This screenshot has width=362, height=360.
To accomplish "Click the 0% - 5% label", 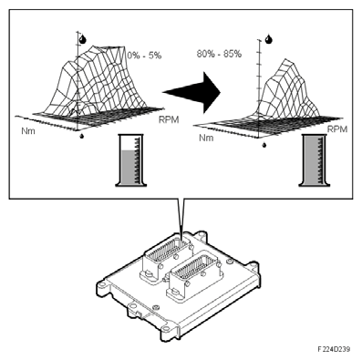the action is point(144,56).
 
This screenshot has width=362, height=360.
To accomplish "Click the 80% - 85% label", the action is point(219,54).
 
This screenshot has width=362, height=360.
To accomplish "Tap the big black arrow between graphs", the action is point(191,92).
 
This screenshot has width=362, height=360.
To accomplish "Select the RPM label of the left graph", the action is point(169,119).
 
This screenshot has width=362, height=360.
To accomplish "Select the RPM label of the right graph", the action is point(337,129).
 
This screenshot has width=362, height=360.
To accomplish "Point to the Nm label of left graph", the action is point(28,131).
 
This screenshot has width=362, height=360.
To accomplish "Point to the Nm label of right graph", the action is point(206,138).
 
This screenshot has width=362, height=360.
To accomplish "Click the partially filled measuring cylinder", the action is point(131,159).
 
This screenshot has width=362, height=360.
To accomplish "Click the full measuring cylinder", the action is point(314,159).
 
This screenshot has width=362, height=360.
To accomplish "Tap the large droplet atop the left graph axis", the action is point(82,39).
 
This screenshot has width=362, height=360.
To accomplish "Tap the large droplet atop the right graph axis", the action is point(268,39).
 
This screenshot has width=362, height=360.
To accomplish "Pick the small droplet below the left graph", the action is point(82,136).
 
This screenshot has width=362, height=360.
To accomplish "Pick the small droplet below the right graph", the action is point(264,145).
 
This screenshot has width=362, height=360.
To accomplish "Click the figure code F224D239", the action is point(334,349).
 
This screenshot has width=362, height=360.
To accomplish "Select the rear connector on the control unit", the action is point(166,258).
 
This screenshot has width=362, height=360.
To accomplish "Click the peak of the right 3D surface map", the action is point(286,59).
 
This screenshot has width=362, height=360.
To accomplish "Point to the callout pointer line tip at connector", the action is point(181,241).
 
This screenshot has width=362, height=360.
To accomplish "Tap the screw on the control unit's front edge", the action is point(155,308).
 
